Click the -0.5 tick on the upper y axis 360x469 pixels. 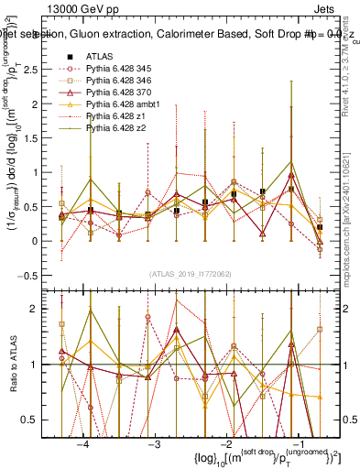41,275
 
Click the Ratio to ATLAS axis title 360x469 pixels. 18,365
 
